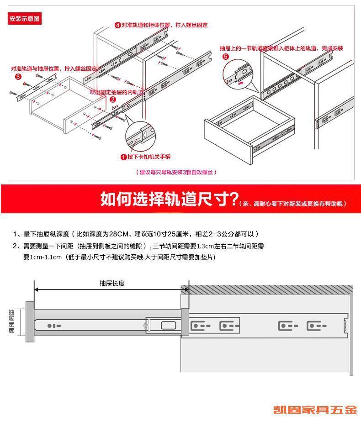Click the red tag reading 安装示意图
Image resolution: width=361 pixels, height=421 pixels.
click(25, 19)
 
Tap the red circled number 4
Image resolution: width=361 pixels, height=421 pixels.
click(117, 25)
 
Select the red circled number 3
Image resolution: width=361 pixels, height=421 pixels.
click(18, 76)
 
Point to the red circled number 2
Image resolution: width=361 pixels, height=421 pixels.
click(112, 99)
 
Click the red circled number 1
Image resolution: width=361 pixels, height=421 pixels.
click(123, 157)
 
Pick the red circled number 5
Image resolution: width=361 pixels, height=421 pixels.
click(226, 57)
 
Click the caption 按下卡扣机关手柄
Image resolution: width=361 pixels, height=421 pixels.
click(149, 157)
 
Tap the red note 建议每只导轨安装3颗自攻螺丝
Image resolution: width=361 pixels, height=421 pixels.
click(176, 172)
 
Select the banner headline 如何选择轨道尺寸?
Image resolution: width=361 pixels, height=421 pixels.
click(170, 199)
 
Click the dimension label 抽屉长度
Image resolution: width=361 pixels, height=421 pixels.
click(112, 283)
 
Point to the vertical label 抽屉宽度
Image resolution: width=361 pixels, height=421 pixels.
click(11, 321)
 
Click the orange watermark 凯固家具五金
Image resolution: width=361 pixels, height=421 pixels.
click(316, 410)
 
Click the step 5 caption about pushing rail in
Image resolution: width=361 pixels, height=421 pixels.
click(281, 48)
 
